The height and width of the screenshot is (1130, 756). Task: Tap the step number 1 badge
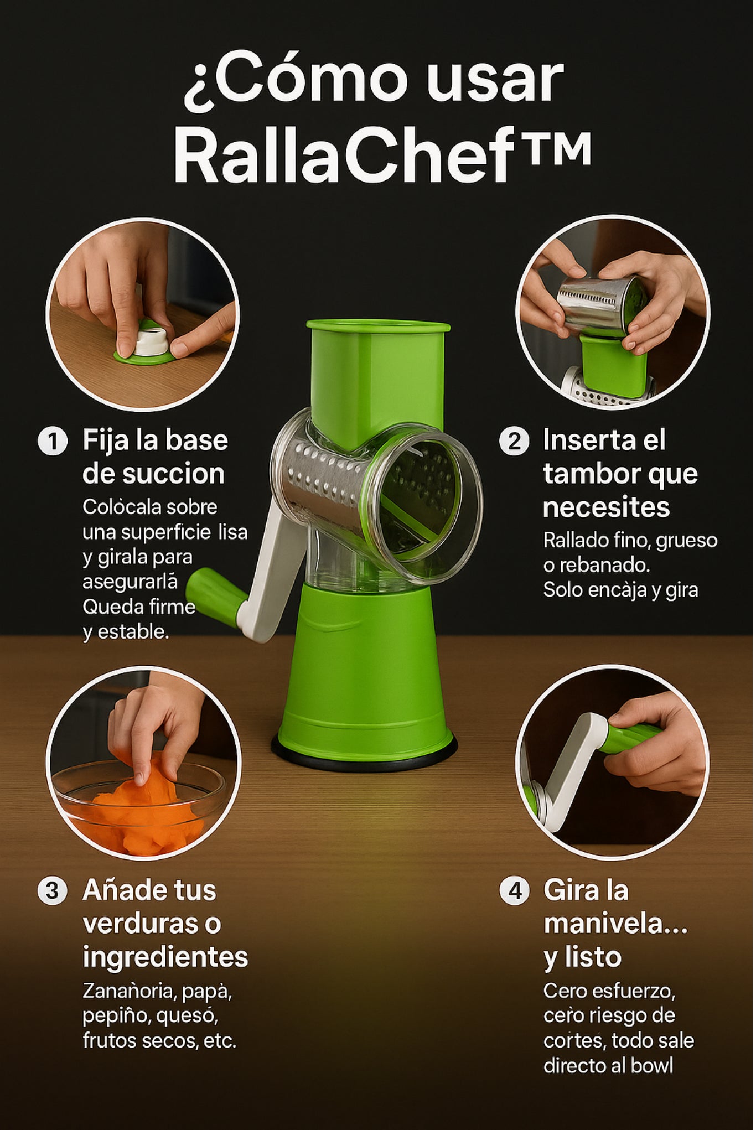coord(53,442)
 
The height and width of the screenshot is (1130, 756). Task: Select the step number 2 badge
coord(514,441)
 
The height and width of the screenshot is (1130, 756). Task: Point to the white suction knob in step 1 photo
coord(150,341)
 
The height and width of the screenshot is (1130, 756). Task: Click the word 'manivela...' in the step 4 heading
coord(615,924)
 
